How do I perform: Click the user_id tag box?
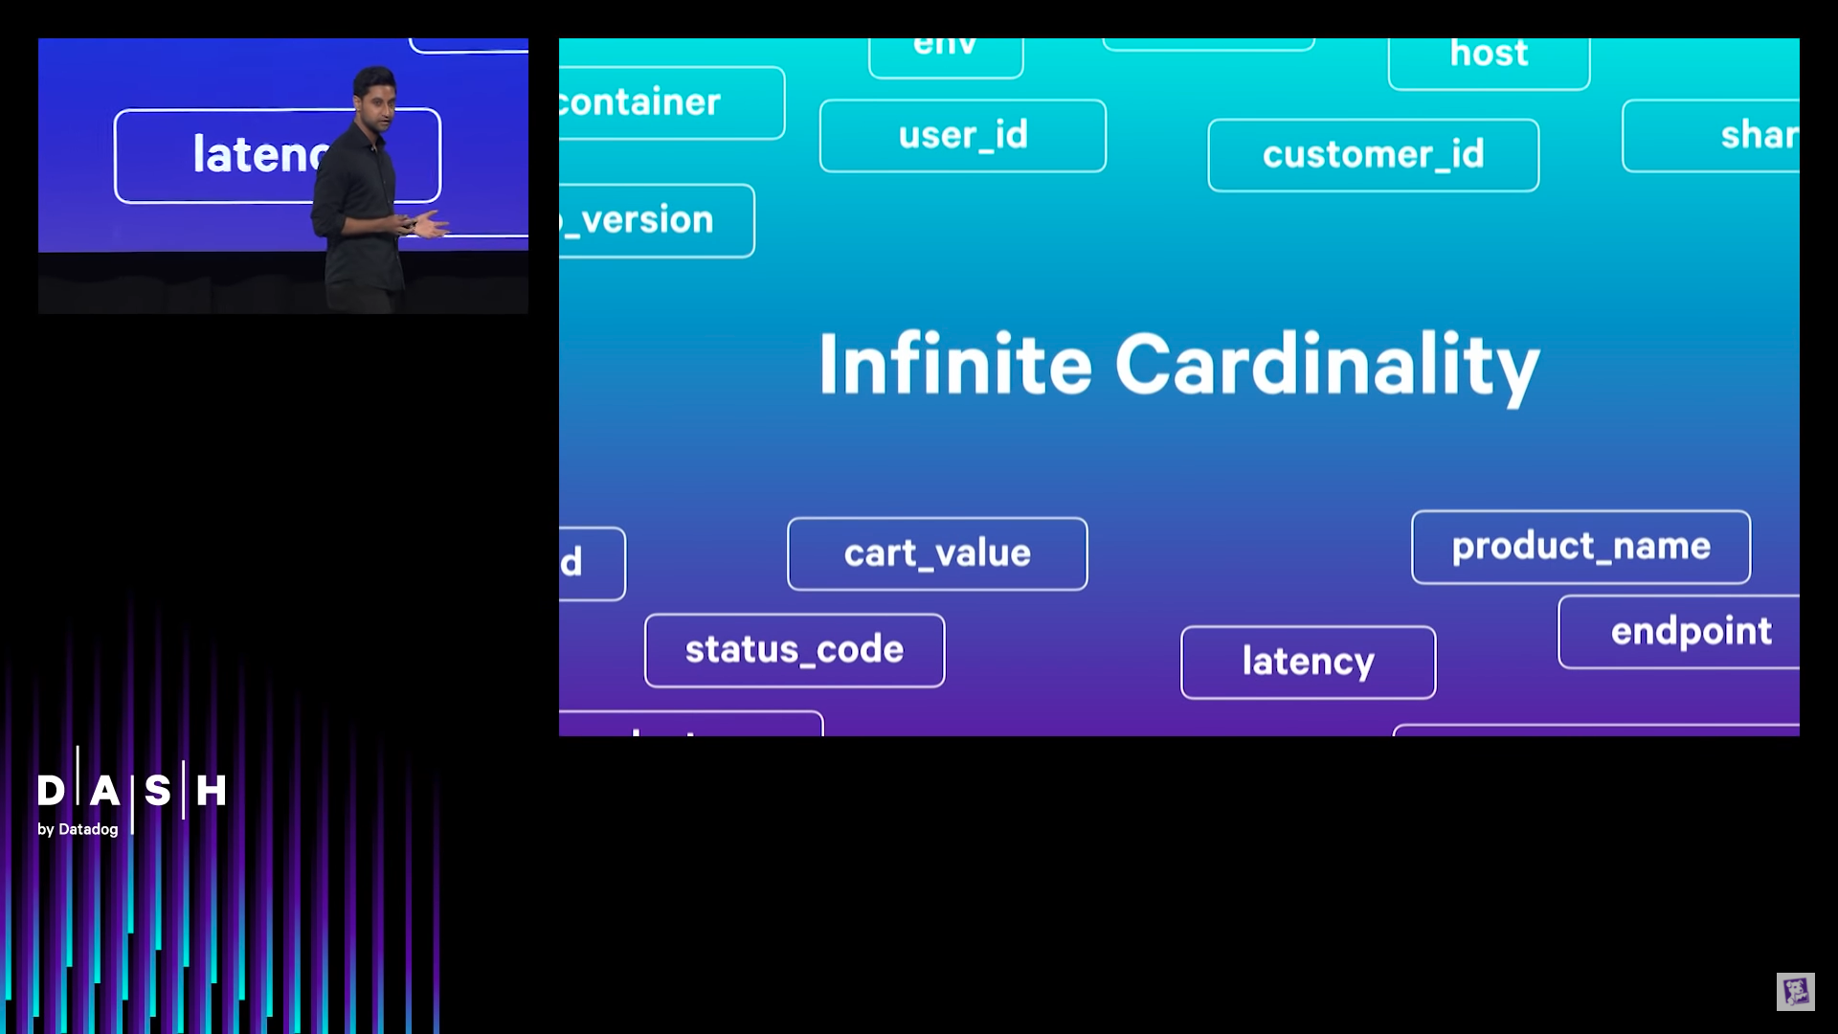pyautogui.click(x=962, y=136)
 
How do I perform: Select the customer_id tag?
pyautogui.click(x=1373, y=155)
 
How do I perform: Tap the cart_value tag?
pyautogui.click(x=937, y=553)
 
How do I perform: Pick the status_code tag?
pyautogui.click(x=795, y=650)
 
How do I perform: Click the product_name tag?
pyautogui.click(x=1580, y=547)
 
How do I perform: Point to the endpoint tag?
pyautogui.click(x=1690, y=632)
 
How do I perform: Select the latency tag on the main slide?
pyautogui.click(x=1308, y=662)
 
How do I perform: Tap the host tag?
pyautogui.click(x=1489, y=56)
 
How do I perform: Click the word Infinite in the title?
pyautogui.click(x=954, y=364)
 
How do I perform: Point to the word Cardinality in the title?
pyautogui.click(x=1327, y=366)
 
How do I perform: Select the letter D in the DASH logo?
pyautogui.click(x=51, y=791)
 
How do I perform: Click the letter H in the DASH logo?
pyautogui.click(x=211, y=791)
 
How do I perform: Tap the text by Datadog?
pyautogui.click(x=78, y=829)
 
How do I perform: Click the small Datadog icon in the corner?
pyautogui.click(x=1795, y=992)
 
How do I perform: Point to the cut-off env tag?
pyautogui.click(x=945, y=52)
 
